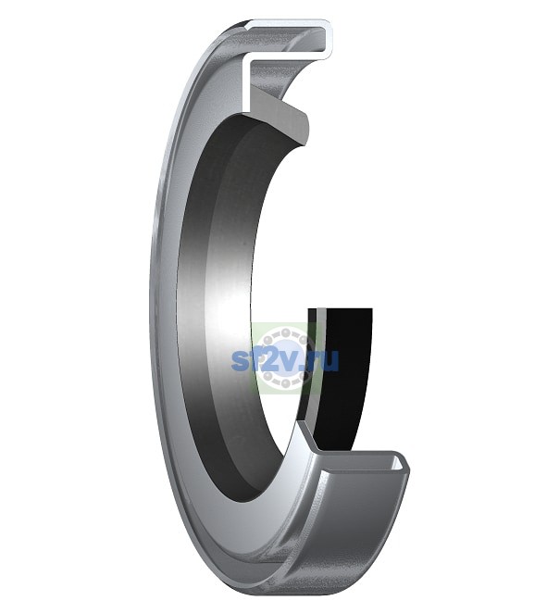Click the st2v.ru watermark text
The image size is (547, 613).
(285, 360)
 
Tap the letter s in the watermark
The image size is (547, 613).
(239, 362)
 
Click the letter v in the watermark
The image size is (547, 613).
(288, 362)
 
